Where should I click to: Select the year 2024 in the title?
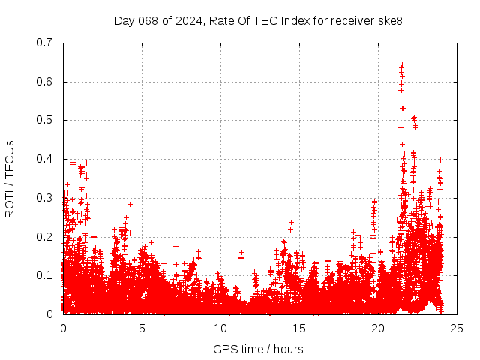tap(185, 20)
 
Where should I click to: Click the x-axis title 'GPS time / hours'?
tap(258, 349)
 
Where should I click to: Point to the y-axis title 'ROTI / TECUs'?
tap(10, 178)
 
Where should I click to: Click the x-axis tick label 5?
tap(142, 328)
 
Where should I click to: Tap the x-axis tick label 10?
tap(220, 328)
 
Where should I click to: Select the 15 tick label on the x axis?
tap(299, 328)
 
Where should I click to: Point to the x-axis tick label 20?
tap(378, 328)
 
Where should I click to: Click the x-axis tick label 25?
tap(457, 328)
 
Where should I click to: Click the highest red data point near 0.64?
tap(402, 65)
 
